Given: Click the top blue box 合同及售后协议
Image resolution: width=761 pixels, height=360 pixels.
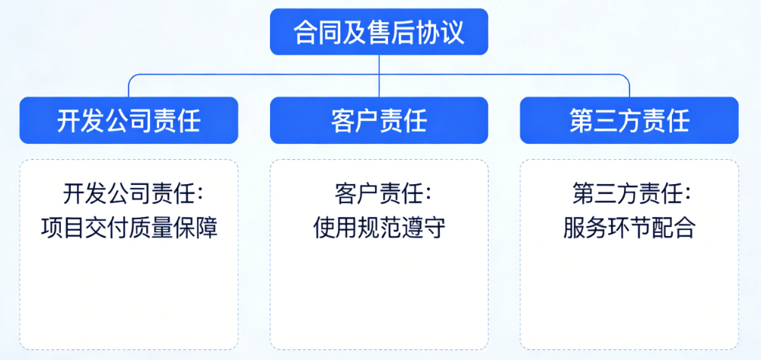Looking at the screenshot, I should click(379, 32).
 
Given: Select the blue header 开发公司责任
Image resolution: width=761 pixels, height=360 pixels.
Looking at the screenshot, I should click(129, 120).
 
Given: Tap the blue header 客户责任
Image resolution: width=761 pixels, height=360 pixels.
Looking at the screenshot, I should click(379, 120).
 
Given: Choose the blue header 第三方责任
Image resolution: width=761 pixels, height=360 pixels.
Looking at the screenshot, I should click(629, 120).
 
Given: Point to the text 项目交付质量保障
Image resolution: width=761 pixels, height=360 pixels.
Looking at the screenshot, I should click(129, 228).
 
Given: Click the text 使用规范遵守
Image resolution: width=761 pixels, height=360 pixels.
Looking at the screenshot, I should click(379, 228).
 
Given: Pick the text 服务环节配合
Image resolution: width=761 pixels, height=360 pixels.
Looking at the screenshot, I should click(629, 228).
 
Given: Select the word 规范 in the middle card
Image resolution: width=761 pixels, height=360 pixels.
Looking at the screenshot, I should click(379, 228).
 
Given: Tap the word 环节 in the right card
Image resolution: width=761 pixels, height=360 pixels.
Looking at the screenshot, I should click(629, 228).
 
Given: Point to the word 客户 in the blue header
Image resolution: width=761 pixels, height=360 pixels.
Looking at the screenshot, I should click(355, 120).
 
